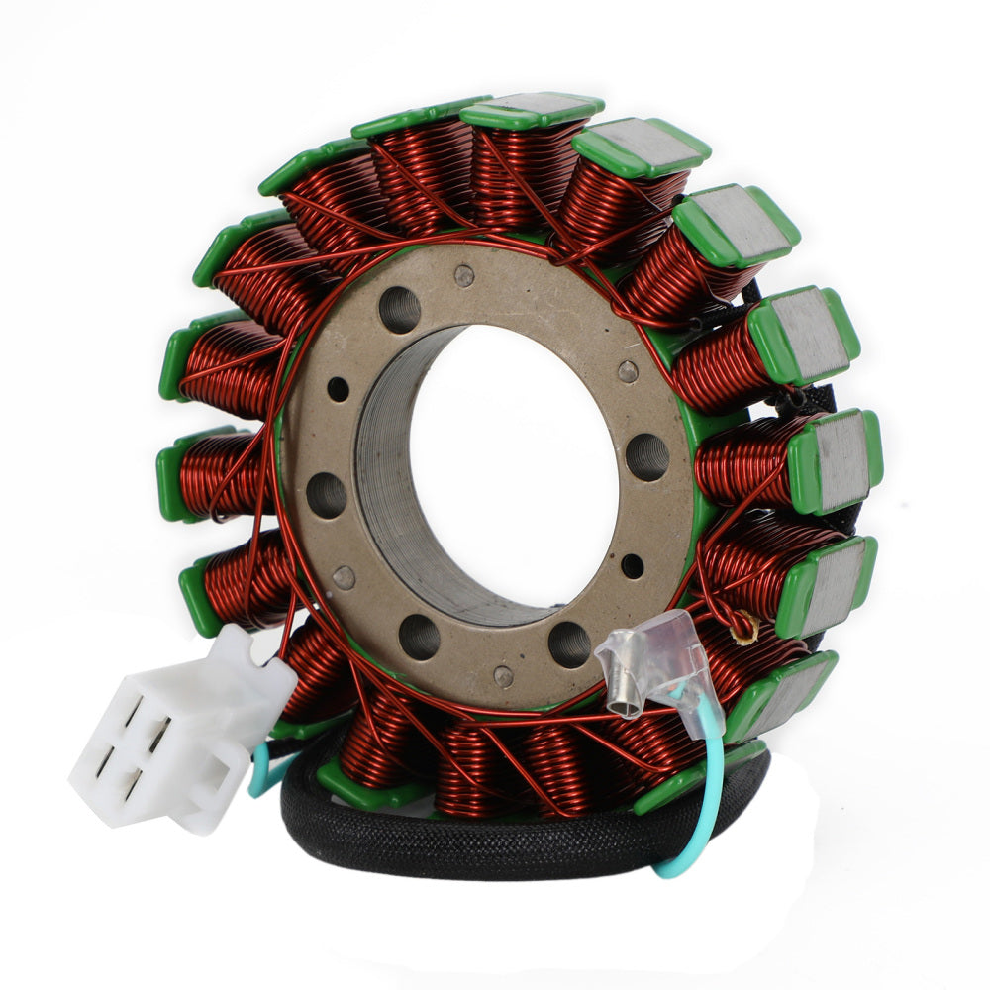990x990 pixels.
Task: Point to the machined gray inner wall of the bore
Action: point(391,475)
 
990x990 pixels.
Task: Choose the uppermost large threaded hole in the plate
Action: point(399,310)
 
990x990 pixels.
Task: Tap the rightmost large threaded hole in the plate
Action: point(647,456)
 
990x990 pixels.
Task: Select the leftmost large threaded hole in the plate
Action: point(326,495)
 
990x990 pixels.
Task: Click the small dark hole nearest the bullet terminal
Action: point(631,566)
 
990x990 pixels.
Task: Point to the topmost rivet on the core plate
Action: point(464,277)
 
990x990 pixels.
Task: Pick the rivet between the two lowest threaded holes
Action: point(503,677)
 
